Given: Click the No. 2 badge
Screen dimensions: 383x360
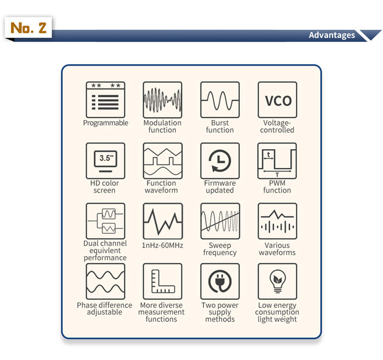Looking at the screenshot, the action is click(x=28, y=27).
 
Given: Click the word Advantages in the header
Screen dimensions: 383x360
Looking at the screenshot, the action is click(x=332, y=35).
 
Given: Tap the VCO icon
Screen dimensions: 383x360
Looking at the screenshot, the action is click(x=278, y=100).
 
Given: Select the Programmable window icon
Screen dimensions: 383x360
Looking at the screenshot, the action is click(x=105, y=100).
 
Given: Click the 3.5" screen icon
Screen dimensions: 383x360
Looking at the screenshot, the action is click(x=105, y=161).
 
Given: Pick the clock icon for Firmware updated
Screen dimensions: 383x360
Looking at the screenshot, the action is click(x=220, y=161).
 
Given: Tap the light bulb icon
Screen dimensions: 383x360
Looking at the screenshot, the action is click(x=278, y=281).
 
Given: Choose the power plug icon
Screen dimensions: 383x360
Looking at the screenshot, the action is click(x=220, y=281).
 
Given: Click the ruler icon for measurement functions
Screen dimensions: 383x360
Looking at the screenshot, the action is click(x=163, y=281).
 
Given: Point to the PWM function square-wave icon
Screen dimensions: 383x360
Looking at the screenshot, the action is click(x=278, y=161).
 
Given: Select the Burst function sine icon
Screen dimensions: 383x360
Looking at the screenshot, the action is click(x=220, y=100).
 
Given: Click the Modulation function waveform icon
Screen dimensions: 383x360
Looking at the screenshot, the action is click(x=163, y=100).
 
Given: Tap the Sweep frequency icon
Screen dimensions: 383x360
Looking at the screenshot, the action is click(x=220, y=221).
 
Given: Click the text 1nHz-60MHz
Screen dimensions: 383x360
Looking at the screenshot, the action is click(x=162, y=245).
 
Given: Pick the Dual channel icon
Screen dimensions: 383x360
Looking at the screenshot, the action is click(x=105, y=221).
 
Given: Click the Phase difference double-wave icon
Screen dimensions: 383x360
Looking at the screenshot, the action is click(x=105, y=281).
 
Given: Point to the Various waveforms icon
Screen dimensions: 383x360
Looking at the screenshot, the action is click(x=278, y=221).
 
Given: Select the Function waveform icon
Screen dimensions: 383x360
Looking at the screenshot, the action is click(x=163, y=161).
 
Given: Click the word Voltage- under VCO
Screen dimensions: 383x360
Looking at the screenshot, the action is click(x=277, y=123).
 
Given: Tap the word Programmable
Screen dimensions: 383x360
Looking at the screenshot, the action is click(x=105, y=123).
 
